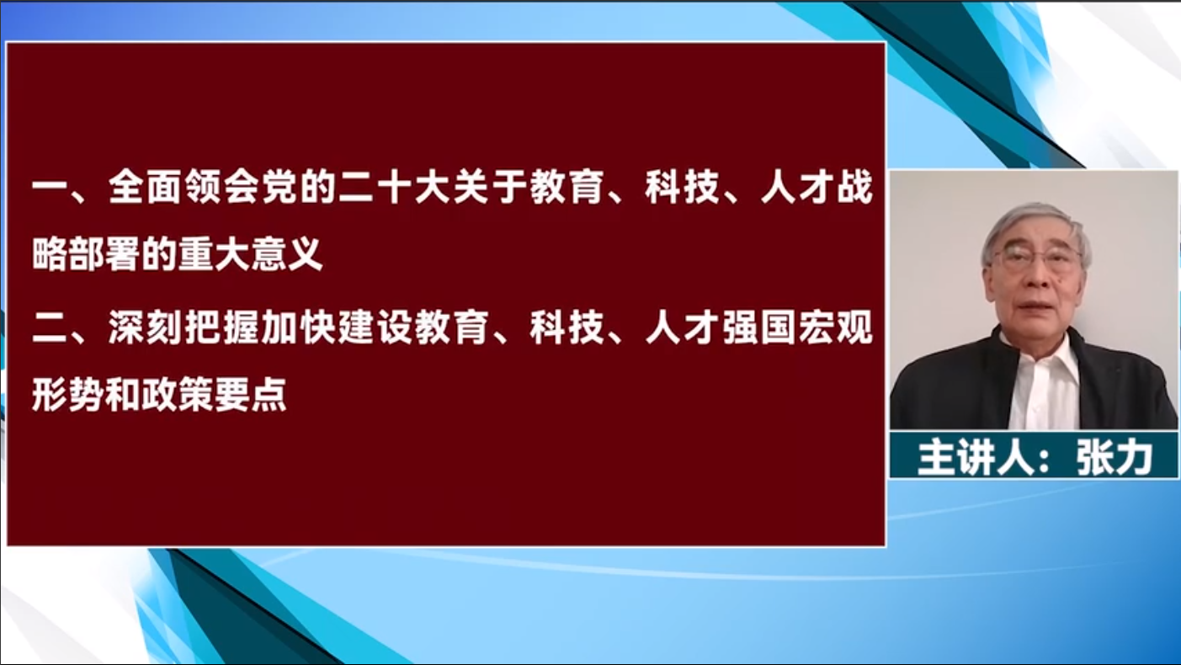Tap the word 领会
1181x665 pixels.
tap(221, 187)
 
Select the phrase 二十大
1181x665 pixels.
tap(394, 187)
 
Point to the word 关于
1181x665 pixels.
tap(489, 187)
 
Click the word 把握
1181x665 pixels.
tap(221, 327)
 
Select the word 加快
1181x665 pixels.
tap(298, 327)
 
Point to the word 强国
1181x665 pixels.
tap(758, 327)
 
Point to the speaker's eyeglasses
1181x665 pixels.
tap(1037, 259)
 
